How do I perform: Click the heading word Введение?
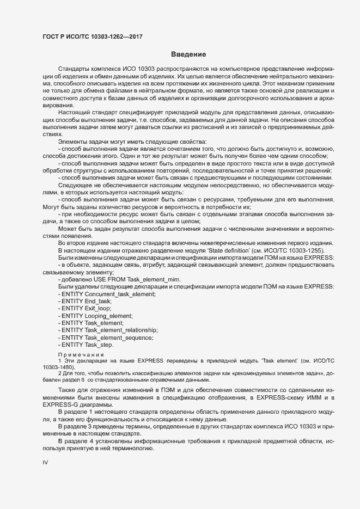(188, 54)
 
